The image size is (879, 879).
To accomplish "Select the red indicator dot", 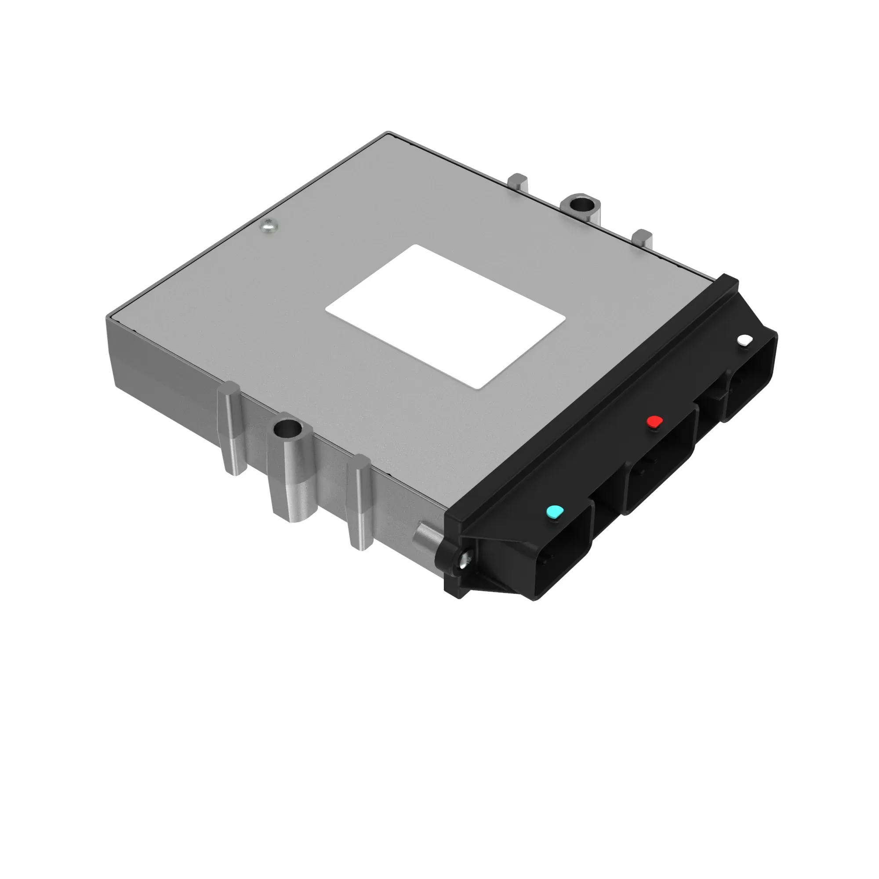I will (654, 422).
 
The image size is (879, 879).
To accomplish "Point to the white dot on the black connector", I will (745, 340).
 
